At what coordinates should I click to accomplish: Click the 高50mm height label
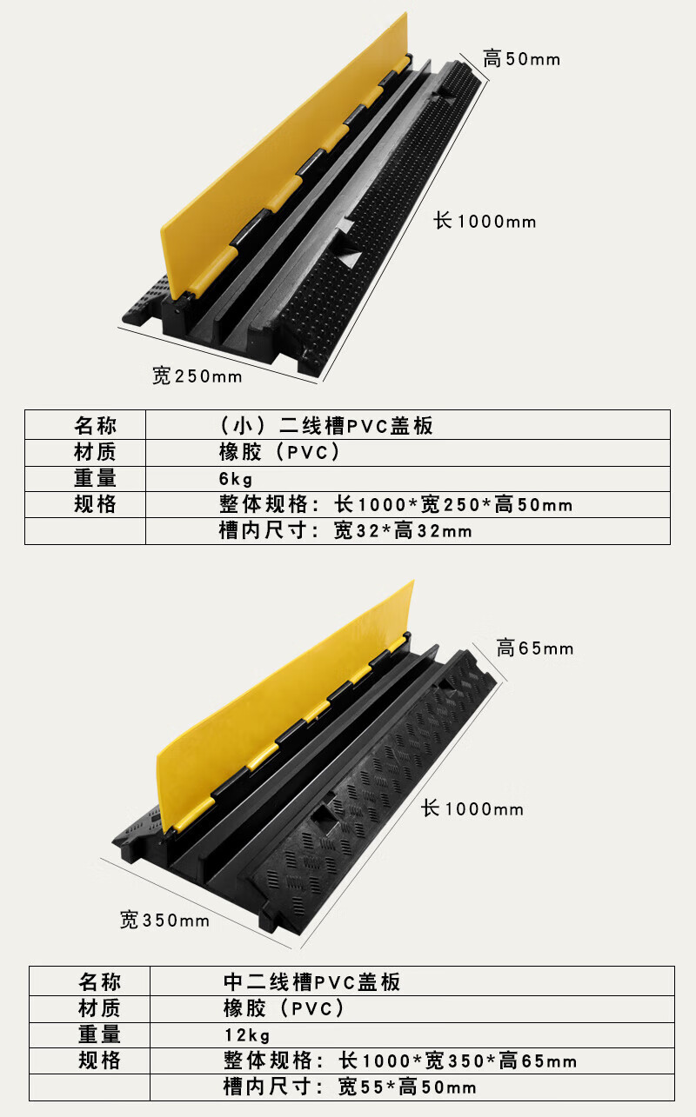pyautogui.click(x=521, y=59)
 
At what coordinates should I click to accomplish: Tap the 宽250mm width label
pyautogui.click(x=197, y=376)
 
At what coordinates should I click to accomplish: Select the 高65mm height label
pyautogui.click(x=535, y=648)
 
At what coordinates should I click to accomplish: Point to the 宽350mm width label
pyautogui.click(x=164, y=920)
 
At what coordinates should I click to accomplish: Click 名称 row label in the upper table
pyautogui.click(x=96, y=425)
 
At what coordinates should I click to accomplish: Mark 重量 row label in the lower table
pyautogui.click(x=99, y=1034)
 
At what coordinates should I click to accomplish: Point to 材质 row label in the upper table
pyautogui.click(x=96, y=452)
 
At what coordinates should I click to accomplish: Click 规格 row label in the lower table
pyautogui.click(x=99, y=1060)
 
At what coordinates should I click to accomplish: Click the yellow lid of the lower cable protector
pyautogui.click(x=284, y=708)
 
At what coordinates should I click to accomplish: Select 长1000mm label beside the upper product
pyautogui.click(x=485, y=221)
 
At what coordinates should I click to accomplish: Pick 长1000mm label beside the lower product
pyautogui.click(x=472, y=808)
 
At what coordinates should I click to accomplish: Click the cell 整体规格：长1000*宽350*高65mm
pyautogui.click(x=400, y=1060)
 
